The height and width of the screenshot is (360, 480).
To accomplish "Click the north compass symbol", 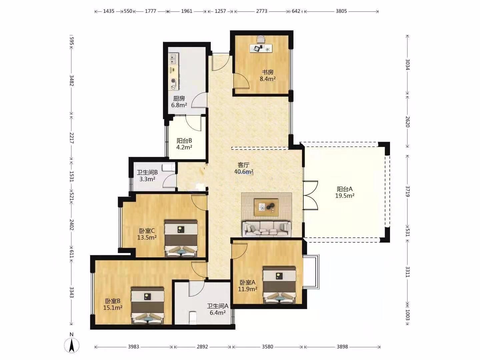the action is [72, 345].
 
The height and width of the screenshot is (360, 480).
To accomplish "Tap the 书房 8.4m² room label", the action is [267, 75].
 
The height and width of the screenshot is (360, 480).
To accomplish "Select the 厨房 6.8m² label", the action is [179, 102].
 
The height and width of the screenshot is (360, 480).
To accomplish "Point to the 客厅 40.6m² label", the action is [244, 168].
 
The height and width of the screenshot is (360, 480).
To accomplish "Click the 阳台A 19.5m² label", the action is [345, 192].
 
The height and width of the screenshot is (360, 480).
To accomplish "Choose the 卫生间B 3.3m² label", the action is [147, 176].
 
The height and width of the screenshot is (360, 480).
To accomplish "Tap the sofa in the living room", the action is [266, 229].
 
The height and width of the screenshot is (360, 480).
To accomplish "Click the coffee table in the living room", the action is [266, 207].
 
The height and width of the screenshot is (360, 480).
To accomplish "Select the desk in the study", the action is [261, 48].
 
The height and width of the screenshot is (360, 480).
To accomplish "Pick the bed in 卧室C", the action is [181, 238].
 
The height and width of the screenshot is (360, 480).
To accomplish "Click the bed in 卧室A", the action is [279, 285].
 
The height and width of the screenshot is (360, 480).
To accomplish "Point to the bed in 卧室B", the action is [148, 306].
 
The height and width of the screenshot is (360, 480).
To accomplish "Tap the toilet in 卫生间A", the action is [193, 318].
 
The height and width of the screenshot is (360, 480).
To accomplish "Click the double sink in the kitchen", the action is [173, 59].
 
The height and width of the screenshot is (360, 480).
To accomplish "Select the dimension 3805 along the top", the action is [341, 11].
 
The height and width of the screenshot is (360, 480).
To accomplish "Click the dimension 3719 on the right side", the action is [407, 191].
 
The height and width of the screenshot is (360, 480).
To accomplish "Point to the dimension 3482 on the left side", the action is [72, 81].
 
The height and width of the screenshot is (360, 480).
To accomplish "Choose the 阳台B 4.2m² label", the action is [184, 144].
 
